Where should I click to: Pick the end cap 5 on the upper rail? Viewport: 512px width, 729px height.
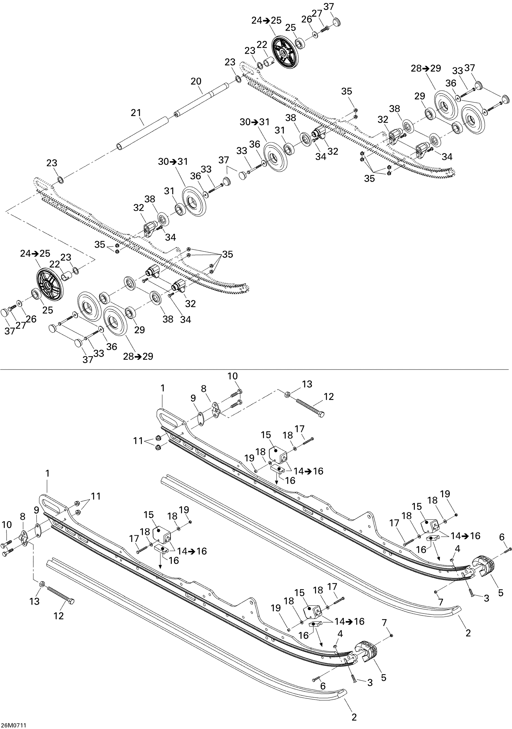pos(484,566)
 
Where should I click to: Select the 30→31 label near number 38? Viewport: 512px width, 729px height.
pos(254,122)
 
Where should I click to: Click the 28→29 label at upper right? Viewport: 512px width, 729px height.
pos(426,68)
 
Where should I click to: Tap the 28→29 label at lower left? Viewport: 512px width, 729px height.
pos(138,356)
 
